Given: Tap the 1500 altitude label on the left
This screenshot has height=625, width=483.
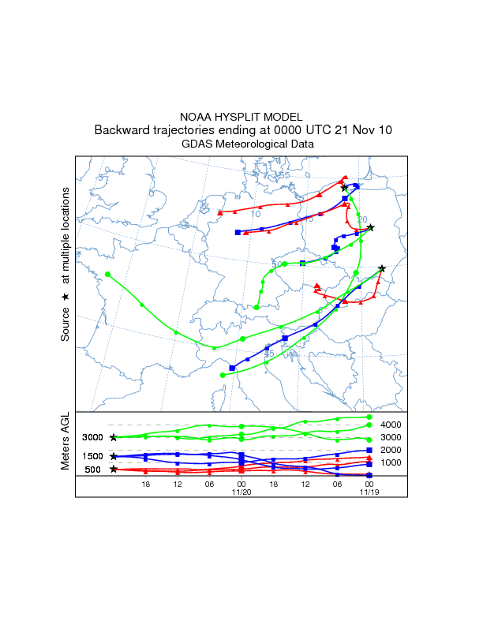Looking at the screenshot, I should [93, 457].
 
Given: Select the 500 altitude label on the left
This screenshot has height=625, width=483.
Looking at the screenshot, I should [93, 470].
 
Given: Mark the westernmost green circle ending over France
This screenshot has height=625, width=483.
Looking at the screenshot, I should [85, 275].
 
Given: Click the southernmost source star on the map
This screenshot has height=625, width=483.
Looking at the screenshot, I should [382, 268].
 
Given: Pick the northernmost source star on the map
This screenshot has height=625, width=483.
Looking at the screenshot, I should [344, 188].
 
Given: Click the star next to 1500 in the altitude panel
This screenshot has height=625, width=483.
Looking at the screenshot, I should [114, 456].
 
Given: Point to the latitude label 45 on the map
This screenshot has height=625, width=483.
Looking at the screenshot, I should [268, 354].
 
